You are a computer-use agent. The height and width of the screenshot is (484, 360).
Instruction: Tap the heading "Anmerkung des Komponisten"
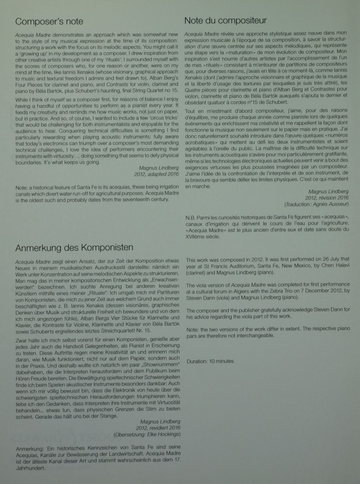pos(75,248)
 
